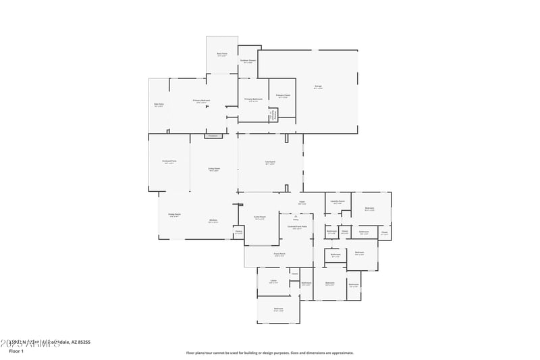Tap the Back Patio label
click(x=222, y=54)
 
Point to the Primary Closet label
click(x=283, y=97)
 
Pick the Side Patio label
click(x=159, y=105)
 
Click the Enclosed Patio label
click(x=169, y=162)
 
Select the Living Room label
click(x=214, y=169)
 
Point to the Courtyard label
click(x=270, y=162)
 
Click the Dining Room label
click(x=174, y=215)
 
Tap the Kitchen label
click(x=213, y=221)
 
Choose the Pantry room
click(x=238, y=232)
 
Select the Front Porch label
click(x=279, y=255)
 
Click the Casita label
click(x=273, y=282)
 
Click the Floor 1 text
click(x=16, y=351)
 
